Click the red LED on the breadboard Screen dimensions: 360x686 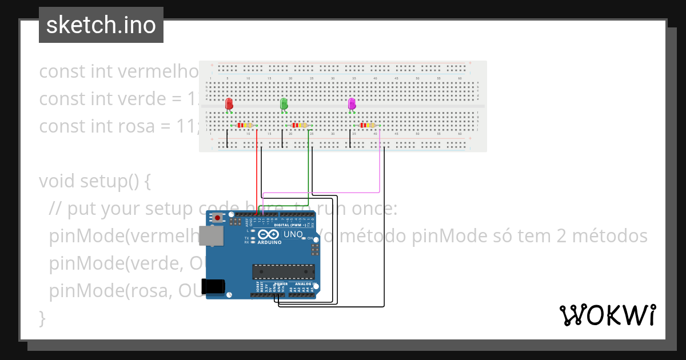click(x=229, y=103)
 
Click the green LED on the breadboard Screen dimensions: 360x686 click(x=284, y=103)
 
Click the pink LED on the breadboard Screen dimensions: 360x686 click(x=352, y=103)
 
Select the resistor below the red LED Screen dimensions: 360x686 click(x=245, y=125)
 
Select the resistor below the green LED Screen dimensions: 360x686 click(x=299, y=125)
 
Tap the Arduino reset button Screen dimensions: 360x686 click(x=218, y=218)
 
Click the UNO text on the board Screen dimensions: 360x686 click(x=293, y=234)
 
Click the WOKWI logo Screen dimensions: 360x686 click(x=607, y=315)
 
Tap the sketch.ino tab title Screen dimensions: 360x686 click(x=101, y=25)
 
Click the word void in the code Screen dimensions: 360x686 click(x=57, y=181)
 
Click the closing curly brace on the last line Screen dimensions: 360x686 click(x=42, y=317)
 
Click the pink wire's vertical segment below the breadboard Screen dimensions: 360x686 click(x=380, y=166)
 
